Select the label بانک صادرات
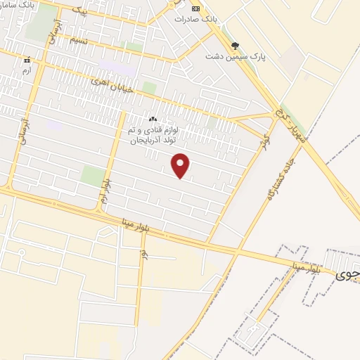click(x=214, y=19)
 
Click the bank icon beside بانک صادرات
click(x=196, y=8)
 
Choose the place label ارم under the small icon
click(x=27, y=70)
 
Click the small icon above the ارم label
click(x=27, y=60)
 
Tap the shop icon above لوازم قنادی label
click(x=153, y=119)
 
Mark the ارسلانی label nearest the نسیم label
click(x=51, y=41)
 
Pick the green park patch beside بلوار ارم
click(x=92, y=176)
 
